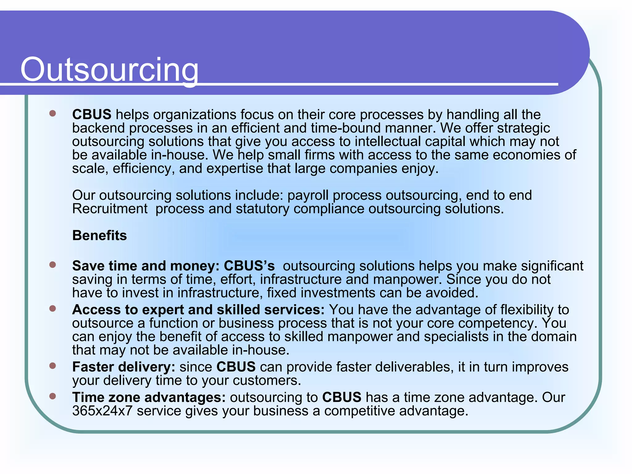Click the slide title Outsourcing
pyautogui.click(x=109, y=70)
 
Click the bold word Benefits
pyautogui.click(x=99, y=235)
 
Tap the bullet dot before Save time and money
pyautogui.click(x=52, y=265)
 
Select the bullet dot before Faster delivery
pyautogui.click(x=52, y=366)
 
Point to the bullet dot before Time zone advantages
pyautogui.click(x=52, y=396)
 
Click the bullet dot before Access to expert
pyautogui.click(x=52, y=309)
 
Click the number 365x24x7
pyautogui.click(x=102, y=411)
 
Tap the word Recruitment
pyautogui.click(x=110, y=209)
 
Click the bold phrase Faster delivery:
pyautogui.click(x=124, y=367)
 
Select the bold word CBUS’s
pyautogui.click(x=249, y=266)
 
